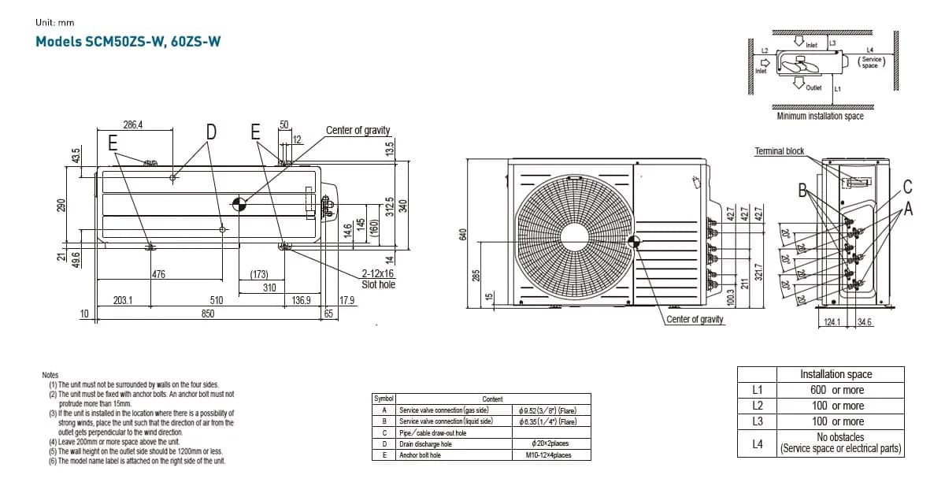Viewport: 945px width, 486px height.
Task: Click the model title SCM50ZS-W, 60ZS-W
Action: point(128,42)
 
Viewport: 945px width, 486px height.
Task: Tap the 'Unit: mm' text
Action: point(55,22)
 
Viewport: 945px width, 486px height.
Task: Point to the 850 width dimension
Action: point(207,313)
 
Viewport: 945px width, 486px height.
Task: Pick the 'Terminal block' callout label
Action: point(779,151)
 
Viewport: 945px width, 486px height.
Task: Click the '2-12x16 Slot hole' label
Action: point(378,279)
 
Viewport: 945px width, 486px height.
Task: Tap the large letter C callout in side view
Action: point(907,187)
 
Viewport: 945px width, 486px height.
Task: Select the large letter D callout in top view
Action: point(211,132)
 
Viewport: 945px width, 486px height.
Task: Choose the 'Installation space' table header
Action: point(836,374)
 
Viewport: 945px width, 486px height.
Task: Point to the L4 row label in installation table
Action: point(758,443)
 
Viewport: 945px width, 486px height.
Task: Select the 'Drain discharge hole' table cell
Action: point(425,444)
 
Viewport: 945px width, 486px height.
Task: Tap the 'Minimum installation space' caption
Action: point(820,117)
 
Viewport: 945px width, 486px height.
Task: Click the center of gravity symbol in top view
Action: point(239,204)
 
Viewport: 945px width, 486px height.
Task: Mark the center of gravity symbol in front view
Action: point(634,243)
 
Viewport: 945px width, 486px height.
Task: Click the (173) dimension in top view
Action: point(258,275)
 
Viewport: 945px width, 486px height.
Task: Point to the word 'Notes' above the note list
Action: point(50,376)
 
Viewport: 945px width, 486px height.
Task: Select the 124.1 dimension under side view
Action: point(832,322)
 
